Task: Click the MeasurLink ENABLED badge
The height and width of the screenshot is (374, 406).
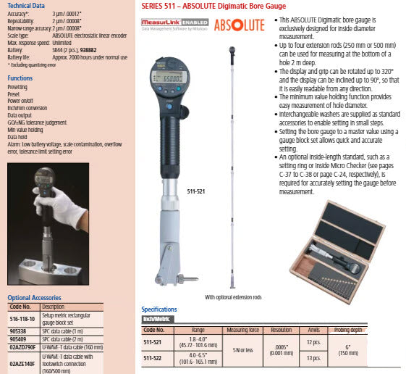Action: click(x=177, y=22)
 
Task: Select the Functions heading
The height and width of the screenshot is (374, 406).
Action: click(x=20, y=78)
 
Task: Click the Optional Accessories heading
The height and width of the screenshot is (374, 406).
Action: click(x=34, y=298)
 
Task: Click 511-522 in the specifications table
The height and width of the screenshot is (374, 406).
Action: click(x=153, y=357)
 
